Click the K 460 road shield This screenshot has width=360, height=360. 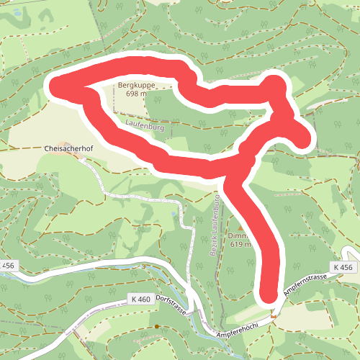[141, 298]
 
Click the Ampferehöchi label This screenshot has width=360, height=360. [238, 333]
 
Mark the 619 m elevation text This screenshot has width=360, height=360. [240, 244]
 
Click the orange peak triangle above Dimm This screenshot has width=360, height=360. [240, 227]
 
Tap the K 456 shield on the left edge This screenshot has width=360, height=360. [8, 266]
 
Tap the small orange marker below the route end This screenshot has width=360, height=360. [274, 314]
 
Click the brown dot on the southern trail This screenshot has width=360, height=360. [156, 327]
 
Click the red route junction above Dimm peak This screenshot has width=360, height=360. [230, 171]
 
